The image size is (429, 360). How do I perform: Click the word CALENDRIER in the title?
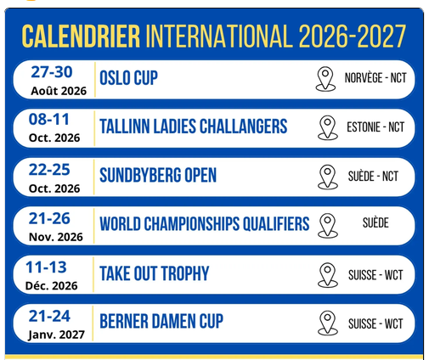[81, 37]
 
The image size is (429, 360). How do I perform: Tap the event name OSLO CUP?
[128, 78]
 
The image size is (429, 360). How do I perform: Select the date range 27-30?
[52, 72]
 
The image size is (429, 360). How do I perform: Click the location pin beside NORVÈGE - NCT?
[325, 79]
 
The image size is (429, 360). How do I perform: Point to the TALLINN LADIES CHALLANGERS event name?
[194, 127]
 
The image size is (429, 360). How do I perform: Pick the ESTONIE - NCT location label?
[375, 127]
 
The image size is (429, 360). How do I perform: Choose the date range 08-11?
[49, 119]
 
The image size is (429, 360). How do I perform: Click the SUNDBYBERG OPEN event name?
[158, 175]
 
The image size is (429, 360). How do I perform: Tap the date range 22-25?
[49, 170]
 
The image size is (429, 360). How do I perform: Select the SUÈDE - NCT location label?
[373, 177]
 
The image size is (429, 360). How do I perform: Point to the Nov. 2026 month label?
[56, 237]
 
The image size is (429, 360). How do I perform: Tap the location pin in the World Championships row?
[328, 226]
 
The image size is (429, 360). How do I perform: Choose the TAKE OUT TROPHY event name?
[155, 273]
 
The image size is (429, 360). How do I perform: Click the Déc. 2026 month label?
[51, 285]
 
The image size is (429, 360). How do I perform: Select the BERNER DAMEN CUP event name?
[161, 322]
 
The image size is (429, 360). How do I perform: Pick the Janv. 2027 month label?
[56, 335]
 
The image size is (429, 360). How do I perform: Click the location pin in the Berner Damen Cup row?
[328, 323]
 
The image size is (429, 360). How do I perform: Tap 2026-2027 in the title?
[353, 37]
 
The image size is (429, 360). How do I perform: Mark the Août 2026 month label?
[59, 91]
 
